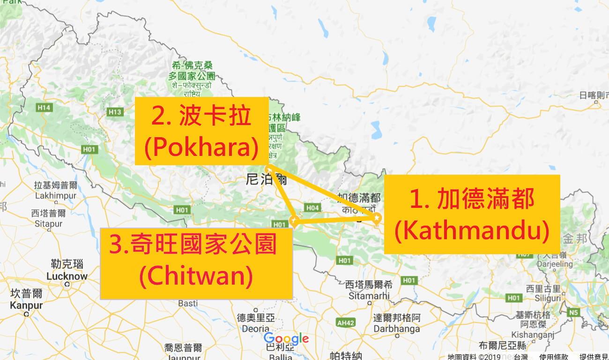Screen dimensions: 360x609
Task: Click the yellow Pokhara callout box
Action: click(x=201, y=131)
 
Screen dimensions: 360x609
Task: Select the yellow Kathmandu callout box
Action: click(x=472, y=214)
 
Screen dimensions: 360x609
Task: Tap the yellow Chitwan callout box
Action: click(x=196, y=263)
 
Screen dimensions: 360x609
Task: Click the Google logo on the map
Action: click(x=286, y=338)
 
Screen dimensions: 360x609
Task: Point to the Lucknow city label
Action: click(x=67, y=276)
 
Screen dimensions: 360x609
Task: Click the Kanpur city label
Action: click(x=26, y=306)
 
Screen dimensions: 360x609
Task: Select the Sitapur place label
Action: click(x=48, y=223)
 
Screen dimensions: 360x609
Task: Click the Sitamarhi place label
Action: click(x=369, y=295)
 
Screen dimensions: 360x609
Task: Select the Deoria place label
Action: click(x=254, y=329)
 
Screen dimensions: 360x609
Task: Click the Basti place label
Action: click(x=188, y=303)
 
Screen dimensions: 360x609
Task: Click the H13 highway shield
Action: click(x=115, y=112)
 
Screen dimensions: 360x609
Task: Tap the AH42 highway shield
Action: click(x=346, y=322)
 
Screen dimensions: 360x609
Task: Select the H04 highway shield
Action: click(x=312, y=207)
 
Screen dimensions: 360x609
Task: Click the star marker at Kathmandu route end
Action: click(x=377, y=217)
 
